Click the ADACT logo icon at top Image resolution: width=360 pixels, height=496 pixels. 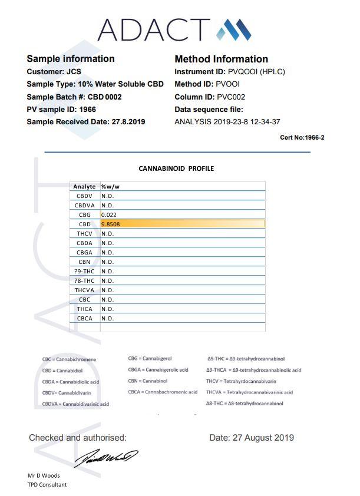(x=234, y=29)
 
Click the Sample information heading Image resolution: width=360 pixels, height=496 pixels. (x=71, y=59)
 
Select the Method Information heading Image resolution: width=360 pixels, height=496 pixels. (x=222, y=59)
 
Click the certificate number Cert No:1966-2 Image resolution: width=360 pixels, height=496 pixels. (x=303, y=137)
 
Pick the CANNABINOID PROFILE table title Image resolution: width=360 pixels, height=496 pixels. (x=176, y=168)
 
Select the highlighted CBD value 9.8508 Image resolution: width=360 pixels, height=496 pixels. (x=111, y=224)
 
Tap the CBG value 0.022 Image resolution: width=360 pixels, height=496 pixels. (x=108, y=214)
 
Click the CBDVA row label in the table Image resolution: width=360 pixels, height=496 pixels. (x=85, y=205)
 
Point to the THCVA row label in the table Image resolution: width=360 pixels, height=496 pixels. (x=85, y=290)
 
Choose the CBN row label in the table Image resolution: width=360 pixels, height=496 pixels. (x=85, y=262)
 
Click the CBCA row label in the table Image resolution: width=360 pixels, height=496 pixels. (x=85, y=318)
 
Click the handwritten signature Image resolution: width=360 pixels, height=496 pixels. (x=105, y=457)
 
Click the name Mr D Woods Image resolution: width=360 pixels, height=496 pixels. (x=44, y=475)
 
